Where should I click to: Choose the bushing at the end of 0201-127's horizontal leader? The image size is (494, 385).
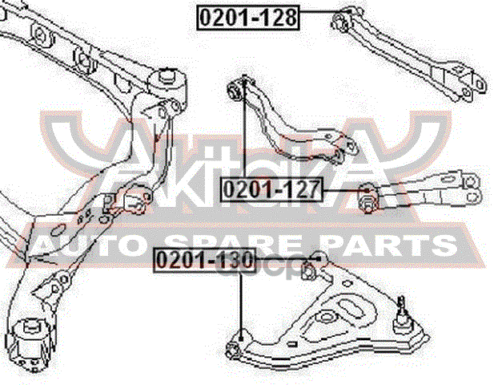tap(365, 195)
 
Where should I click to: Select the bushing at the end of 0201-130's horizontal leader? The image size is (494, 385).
tap(318, 258)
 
